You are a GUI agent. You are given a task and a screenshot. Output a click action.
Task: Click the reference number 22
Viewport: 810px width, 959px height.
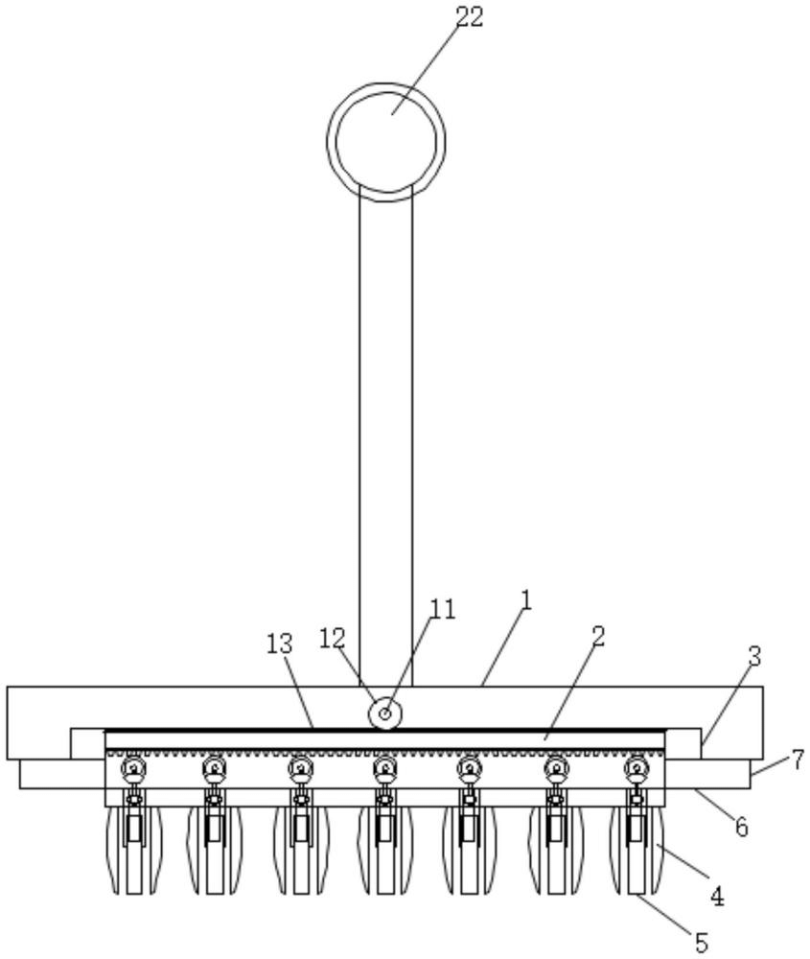coord(470,16)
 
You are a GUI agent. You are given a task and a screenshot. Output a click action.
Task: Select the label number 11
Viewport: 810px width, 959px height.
coord(443,609)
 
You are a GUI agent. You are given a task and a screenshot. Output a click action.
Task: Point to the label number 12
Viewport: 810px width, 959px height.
coord(334,639)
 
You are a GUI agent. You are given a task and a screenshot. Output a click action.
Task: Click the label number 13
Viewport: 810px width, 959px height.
coord(280,644)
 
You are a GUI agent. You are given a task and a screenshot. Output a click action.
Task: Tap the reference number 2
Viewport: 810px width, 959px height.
coord(598,637)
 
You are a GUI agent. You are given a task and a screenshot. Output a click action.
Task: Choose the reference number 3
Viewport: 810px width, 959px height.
coord(755,657)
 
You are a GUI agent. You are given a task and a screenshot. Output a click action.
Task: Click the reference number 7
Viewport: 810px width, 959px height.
coord(798,760)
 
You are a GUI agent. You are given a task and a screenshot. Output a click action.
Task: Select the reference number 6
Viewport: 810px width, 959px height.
coord(741,827)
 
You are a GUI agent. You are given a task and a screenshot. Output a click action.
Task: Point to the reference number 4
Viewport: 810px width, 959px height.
coord(717,897)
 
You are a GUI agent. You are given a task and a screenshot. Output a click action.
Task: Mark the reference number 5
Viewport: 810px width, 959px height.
coord(701,942)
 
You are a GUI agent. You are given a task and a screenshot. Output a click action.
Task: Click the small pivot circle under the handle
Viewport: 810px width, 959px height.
coord(385,713)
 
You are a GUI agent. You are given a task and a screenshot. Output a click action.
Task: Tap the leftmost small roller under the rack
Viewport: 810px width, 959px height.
coord(132,767)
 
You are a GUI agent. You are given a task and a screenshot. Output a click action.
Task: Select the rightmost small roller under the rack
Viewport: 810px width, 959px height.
coord(637,767)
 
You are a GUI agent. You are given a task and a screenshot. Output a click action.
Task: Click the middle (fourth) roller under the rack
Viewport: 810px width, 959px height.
coord(384,767)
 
